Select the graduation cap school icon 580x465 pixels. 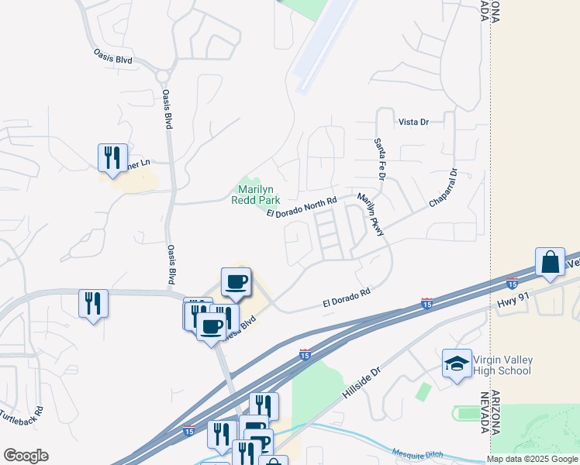tap(457, 363)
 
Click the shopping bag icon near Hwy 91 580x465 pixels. tap(550, 263)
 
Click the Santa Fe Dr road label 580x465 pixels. tap(379, 159)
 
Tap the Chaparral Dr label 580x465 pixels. tap(444, 188)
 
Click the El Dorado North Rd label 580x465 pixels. tap(302, 208)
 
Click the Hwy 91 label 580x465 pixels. tap(513, 297)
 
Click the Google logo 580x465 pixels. tap(26, 456)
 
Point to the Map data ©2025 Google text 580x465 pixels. tap(532, 460)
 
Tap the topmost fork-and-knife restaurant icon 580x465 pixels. tap(112, 157)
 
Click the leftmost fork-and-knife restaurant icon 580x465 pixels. tap(93, 303)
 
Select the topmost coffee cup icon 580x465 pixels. tap(236, 281)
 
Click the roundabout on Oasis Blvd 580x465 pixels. tap(162, 76)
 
